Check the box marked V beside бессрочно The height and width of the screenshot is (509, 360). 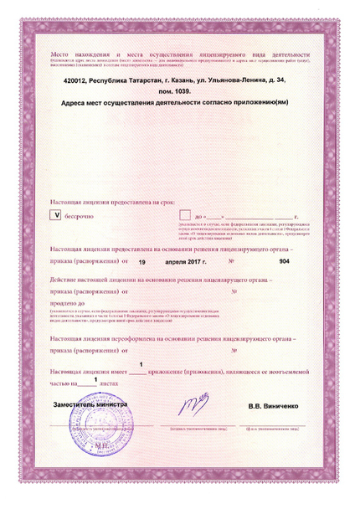point(57,215)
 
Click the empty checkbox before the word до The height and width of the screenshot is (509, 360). point(183,215)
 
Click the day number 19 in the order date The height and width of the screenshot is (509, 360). point(142,261)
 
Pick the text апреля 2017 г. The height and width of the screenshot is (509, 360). point(194,261)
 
